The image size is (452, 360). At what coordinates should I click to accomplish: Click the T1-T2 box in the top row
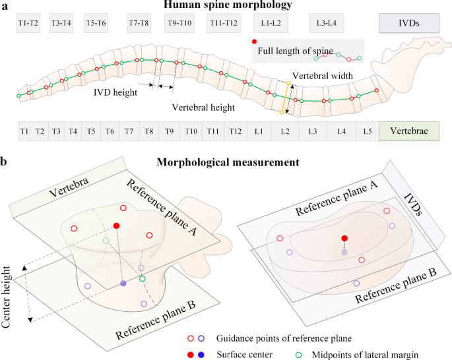click(x=28, y=23)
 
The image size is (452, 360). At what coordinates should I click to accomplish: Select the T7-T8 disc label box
click(x=139, y=23)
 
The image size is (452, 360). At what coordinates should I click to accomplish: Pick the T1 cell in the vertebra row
click(x=24, y=132)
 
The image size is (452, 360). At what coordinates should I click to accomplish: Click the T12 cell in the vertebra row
click(x=235, y=132)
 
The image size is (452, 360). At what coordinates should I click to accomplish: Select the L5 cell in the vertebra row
click(x=368, y=132)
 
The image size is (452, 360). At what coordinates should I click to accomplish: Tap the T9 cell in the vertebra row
click(x=170, y=132)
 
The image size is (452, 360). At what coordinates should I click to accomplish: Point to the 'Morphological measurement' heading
click(x=226, y=161)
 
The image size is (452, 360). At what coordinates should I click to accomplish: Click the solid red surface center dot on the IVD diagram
click(x=344, y=238)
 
